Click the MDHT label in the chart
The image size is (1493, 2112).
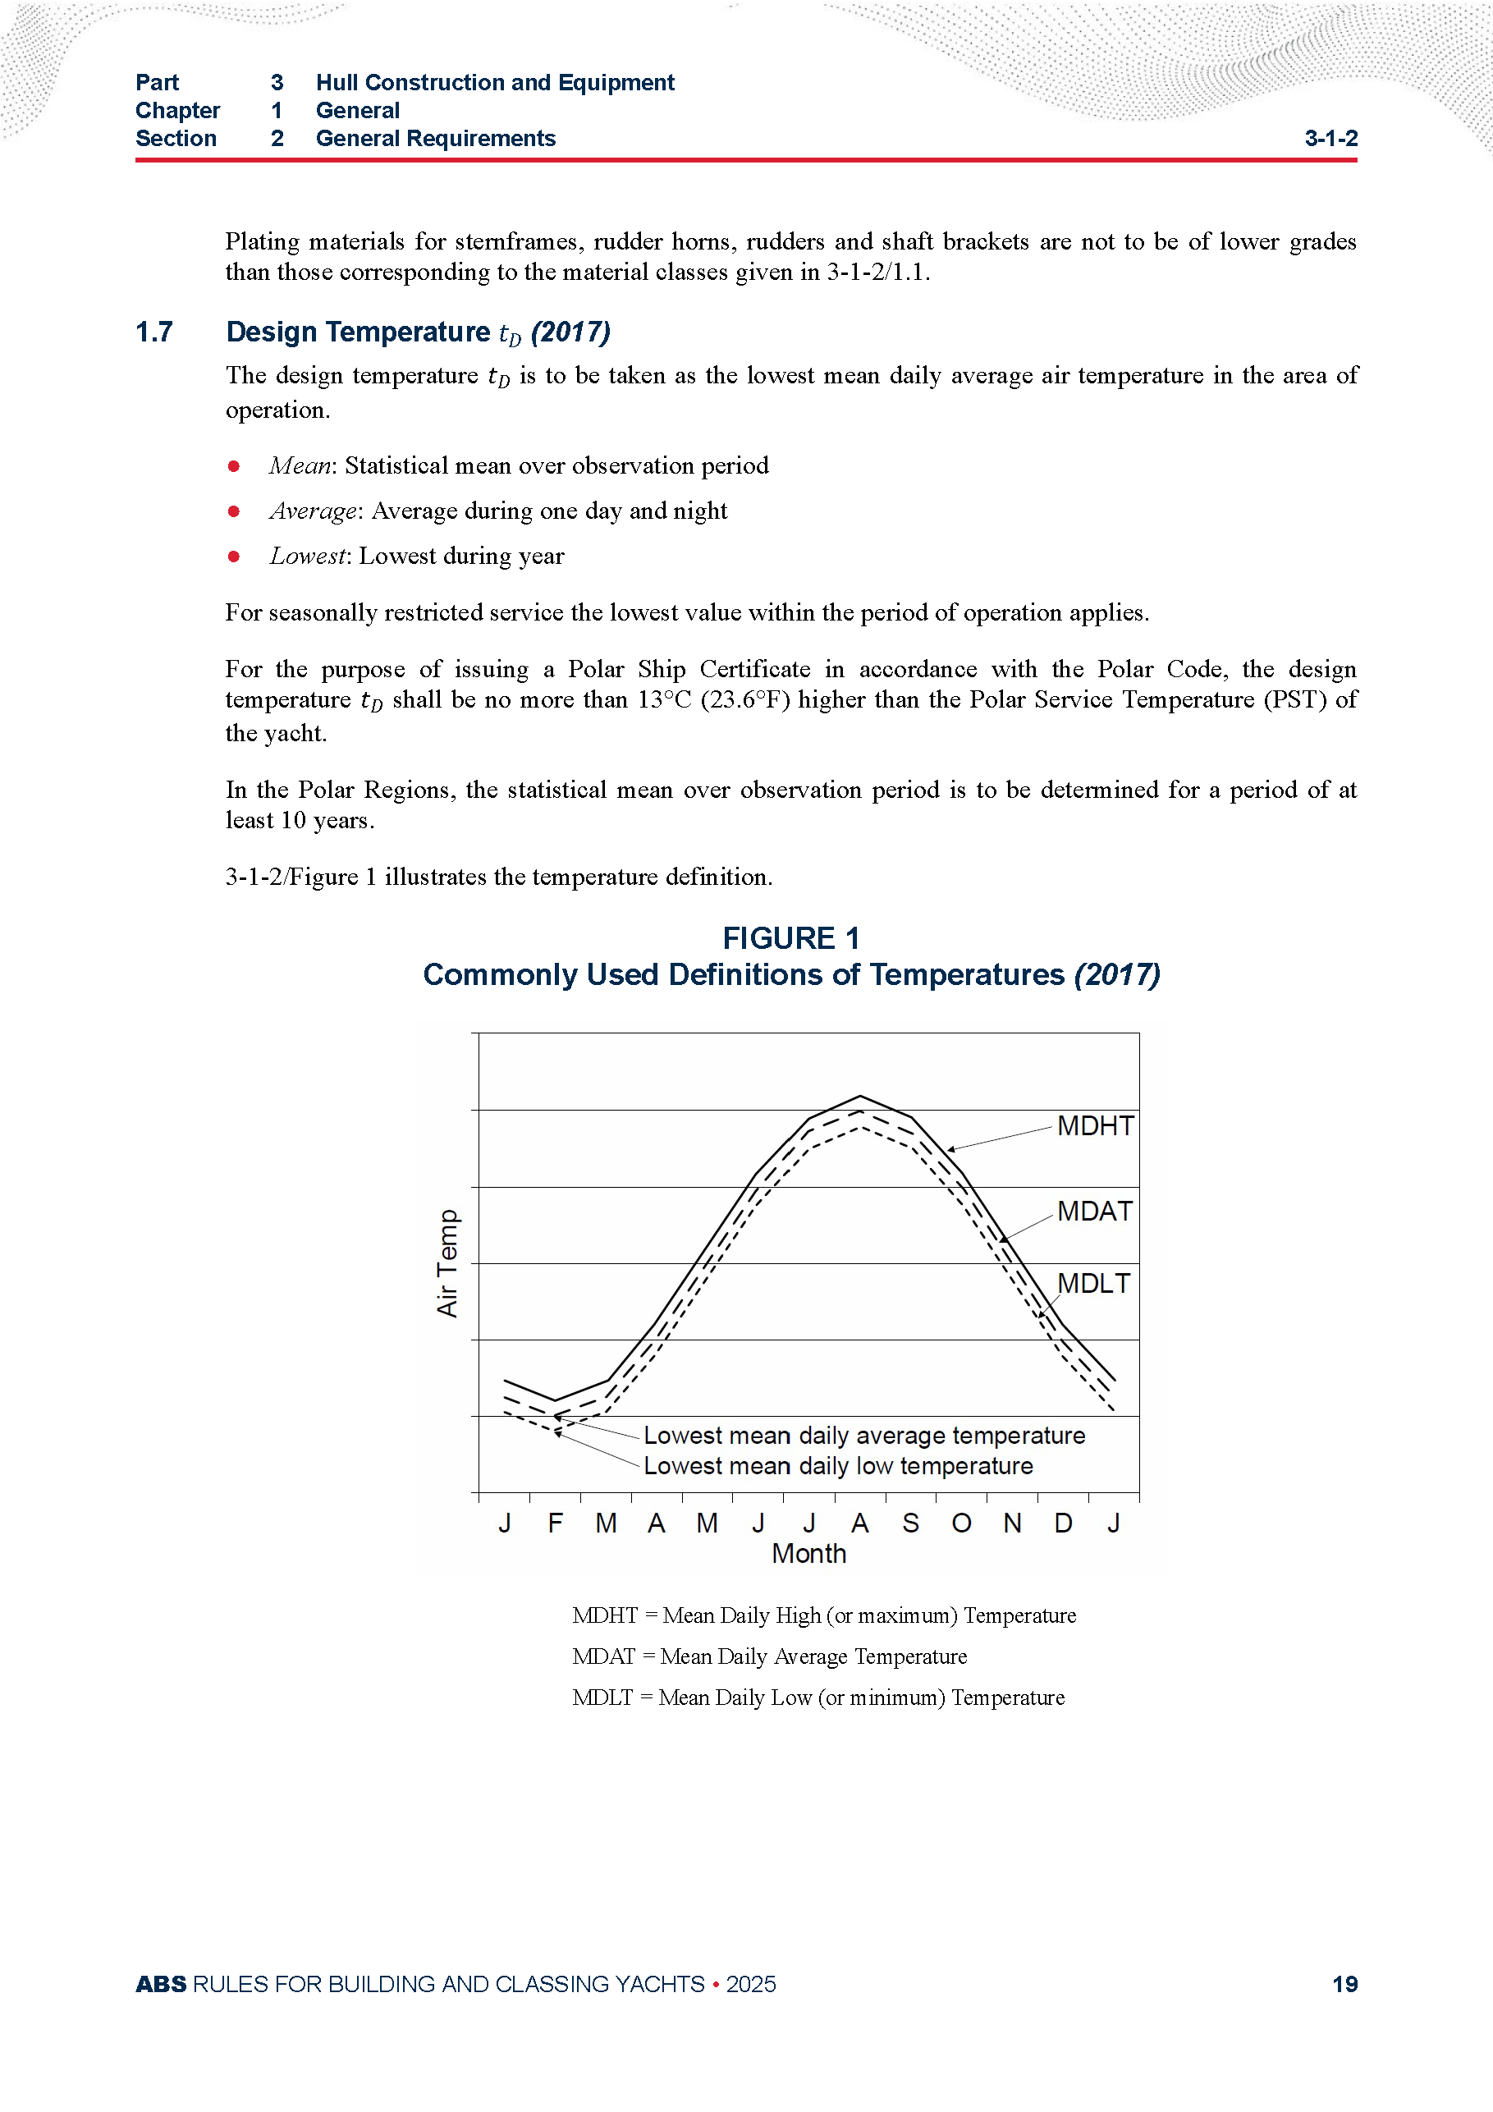click(1095, 1126)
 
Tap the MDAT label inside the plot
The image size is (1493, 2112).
click(1094, 1212)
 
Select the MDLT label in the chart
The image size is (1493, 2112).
click(1092, 1284)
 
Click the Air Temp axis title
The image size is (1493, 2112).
click(447, 1263)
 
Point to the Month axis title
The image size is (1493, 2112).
click(808, 1554)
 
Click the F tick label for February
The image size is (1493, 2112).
click(555, 1523)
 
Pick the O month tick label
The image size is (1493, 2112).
click(960, 1523)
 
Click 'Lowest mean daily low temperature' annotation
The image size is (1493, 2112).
click(837, 1466)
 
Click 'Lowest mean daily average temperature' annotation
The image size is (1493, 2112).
click(863, 1436)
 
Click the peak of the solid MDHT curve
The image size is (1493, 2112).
click(860, 1097)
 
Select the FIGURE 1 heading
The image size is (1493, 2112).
click(791, 938)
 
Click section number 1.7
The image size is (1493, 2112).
click(153, 332)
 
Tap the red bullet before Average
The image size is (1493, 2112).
click(234, 511)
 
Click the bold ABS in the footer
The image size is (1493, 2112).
click(161, 1984)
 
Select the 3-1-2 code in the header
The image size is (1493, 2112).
click(1330, 139)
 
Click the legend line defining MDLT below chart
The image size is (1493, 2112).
click(817, 1697)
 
